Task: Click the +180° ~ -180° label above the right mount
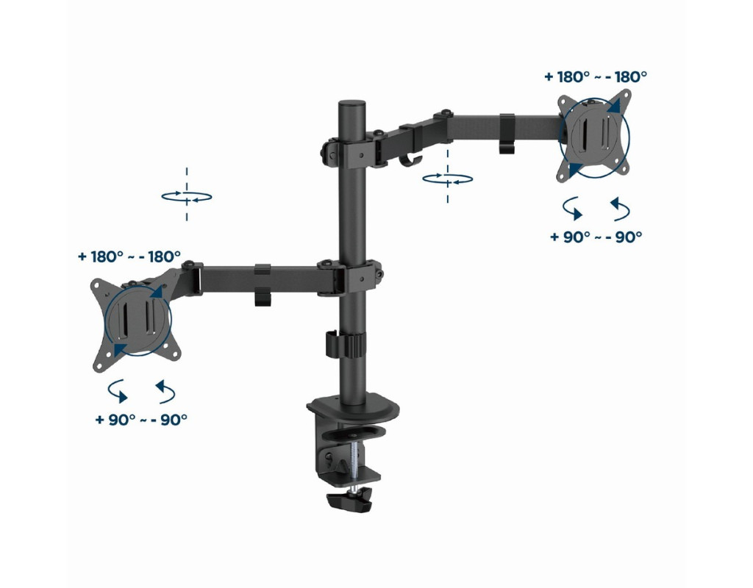(596, 76)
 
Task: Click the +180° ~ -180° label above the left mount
(129, 257)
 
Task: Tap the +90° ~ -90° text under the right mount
(596, 237)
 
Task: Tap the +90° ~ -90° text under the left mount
(141, 420)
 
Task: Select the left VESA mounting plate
(136, 326)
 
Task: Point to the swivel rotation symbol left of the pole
(187, 196)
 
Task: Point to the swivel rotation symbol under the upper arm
(448, 179)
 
